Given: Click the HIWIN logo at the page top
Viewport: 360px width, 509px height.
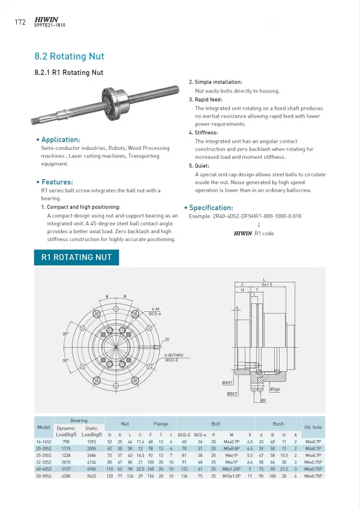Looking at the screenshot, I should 46,19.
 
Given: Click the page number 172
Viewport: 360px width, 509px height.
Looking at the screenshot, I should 19,23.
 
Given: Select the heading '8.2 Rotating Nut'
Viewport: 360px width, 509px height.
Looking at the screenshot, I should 69,57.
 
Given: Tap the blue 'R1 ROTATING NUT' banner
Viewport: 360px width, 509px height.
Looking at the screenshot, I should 76,258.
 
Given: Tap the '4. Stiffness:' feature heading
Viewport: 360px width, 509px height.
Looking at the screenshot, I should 203,132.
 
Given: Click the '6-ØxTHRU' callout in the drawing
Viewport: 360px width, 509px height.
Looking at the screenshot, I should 175,356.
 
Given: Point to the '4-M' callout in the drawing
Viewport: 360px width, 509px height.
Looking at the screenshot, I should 155,309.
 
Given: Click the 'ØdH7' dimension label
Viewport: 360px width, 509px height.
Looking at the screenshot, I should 228,382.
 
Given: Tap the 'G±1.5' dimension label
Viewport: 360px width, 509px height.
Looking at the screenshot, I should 267,284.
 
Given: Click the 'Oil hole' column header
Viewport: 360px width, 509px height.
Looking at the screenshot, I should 313,427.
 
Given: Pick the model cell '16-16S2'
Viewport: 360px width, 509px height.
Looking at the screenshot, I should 43,441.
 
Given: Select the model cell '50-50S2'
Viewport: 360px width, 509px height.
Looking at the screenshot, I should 43,475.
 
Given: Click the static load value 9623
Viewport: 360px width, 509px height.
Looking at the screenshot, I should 92,475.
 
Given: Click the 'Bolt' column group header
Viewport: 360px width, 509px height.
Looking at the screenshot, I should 215,423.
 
